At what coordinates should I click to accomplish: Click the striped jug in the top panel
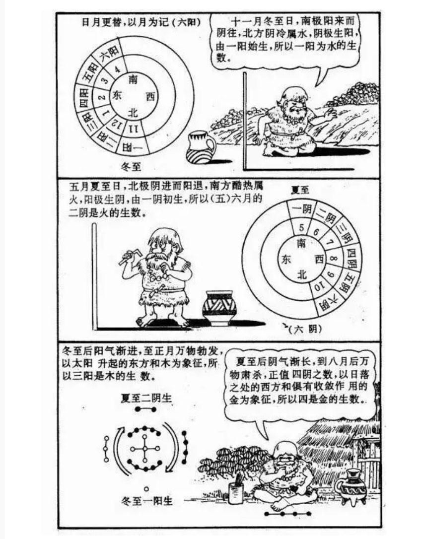[200, 147]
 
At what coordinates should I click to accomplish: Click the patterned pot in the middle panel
[219, 308]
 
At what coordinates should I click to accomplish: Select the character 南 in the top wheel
[133, 79]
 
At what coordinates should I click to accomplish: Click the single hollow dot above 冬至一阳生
[146, 488]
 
